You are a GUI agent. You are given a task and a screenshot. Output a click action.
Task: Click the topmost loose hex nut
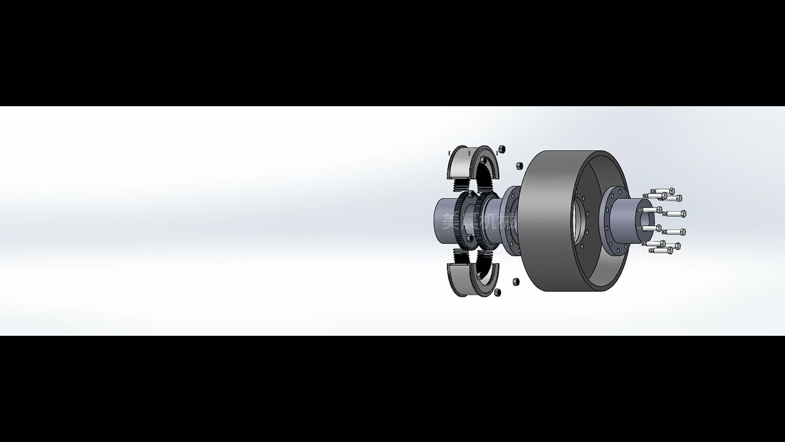(x=501, y=149)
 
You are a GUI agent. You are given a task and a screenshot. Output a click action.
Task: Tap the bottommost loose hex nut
(x=497, y=292)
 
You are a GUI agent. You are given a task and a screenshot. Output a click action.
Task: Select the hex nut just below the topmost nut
(x=519, y=166)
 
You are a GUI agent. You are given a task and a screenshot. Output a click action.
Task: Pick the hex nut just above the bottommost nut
(x=515, y=281)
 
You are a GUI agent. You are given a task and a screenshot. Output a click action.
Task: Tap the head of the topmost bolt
(x=672, y=191)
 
